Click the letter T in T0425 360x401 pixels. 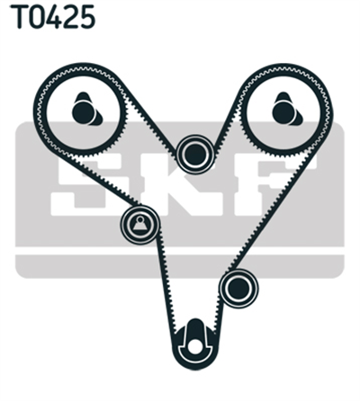point(20,16)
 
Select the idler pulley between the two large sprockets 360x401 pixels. point(195,155)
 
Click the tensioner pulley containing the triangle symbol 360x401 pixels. point(139,225)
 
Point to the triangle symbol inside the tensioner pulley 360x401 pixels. point(139,224)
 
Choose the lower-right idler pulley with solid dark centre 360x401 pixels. point(238,289)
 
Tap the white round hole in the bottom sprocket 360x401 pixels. point(195,347)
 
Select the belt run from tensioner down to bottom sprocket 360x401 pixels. point(166,281)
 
